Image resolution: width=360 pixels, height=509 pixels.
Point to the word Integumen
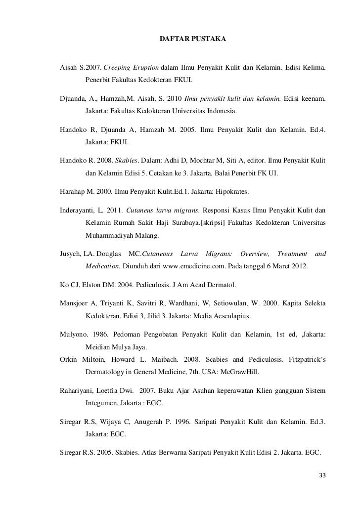(103, 404)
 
